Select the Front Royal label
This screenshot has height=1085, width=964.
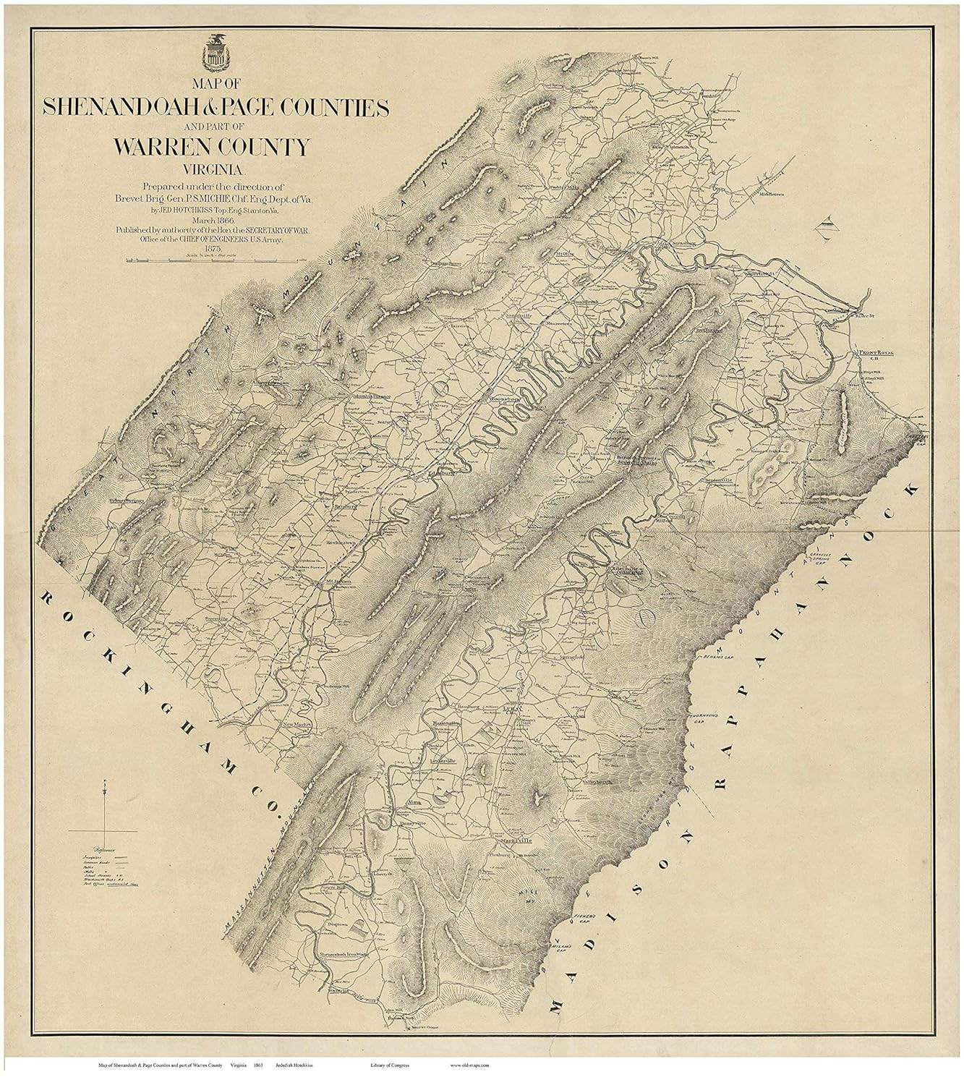click(876, 354)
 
